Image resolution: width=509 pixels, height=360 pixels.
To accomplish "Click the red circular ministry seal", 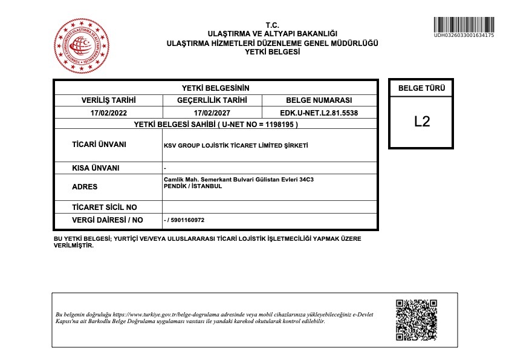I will point(83,47).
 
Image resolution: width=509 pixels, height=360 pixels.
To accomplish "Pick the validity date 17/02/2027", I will point(212,113).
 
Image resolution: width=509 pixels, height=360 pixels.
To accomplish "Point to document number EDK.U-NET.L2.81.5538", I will point(319,113).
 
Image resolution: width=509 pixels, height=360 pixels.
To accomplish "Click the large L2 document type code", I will point(422,121).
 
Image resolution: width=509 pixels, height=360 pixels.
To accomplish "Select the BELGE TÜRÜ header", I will point(421,88).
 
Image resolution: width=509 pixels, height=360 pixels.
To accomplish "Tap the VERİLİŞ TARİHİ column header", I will point(108,100).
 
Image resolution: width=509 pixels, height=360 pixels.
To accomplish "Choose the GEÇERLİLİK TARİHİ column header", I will point(212,100).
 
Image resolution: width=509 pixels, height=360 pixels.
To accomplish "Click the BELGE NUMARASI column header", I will point(319,100).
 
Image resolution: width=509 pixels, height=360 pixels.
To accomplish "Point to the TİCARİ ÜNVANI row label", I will point(99,145).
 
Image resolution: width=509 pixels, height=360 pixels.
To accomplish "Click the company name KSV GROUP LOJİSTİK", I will point(236,146).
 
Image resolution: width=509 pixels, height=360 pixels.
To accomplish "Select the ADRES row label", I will point(85,187).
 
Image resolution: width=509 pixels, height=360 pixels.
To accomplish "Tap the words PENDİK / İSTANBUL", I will point(193,186).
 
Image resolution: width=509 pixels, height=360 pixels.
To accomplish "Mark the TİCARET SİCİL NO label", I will point(105,208).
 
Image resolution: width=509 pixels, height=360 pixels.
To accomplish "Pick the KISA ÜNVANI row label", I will point(96,168).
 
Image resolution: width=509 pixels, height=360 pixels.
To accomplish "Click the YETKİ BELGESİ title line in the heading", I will point(272,52).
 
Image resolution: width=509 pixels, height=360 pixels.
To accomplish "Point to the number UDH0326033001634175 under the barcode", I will point(464,36).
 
